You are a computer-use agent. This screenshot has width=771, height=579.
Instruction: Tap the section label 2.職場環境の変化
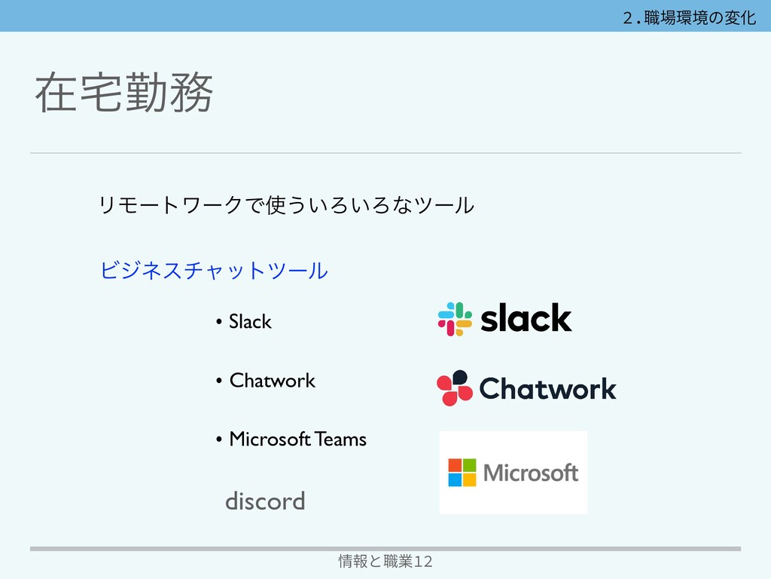689,17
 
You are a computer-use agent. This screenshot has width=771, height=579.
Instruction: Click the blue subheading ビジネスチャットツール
214,269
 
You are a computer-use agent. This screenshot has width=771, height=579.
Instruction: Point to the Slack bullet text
250,322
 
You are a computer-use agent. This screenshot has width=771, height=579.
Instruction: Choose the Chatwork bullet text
272,380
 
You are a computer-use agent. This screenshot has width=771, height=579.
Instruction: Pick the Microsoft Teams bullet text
297,439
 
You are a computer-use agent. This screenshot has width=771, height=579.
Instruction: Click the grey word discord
265,501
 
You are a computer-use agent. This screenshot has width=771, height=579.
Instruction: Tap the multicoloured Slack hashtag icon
455,318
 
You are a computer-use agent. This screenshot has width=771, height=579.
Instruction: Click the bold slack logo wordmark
526,318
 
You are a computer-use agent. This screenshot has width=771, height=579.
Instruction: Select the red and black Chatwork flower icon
454,388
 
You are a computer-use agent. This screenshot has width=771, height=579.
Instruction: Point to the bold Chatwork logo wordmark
547,389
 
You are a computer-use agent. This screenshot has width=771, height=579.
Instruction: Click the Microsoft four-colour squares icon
462,473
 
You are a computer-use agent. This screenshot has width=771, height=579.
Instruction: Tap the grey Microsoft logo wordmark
531,473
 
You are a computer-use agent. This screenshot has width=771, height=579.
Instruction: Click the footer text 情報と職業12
385,561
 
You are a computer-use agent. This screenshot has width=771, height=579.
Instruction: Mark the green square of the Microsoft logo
470,465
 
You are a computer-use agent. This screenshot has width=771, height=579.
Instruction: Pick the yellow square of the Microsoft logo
470,479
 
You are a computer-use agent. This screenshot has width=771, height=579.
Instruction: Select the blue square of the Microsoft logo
456,479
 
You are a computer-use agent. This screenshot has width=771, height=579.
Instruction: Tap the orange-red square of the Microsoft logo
456,465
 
